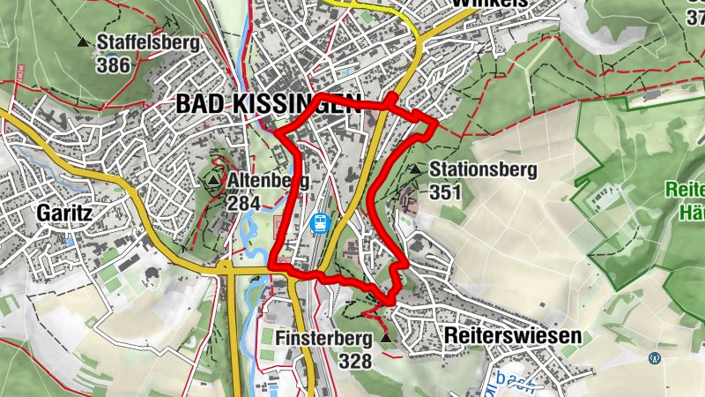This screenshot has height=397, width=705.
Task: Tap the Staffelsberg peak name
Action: tap(148, 42)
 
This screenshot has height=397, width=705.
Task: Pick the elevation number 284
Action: tap(243, 204)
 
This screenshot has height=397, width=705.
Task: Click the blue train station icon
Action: tap(321, 224)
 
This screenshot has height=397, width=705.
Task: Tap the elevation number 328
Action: tap(354, 360)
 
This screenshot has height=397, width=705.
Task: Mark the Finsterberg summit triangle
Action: tap(386, 338)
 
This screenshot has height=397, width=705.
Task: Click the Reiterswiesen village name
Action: tap(513, 336)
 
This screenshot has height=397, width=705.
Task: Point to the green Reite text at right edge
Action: tap(685, 190)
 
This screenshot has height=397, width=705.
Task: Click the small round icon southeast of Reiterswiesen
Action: tap(654, 358)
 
